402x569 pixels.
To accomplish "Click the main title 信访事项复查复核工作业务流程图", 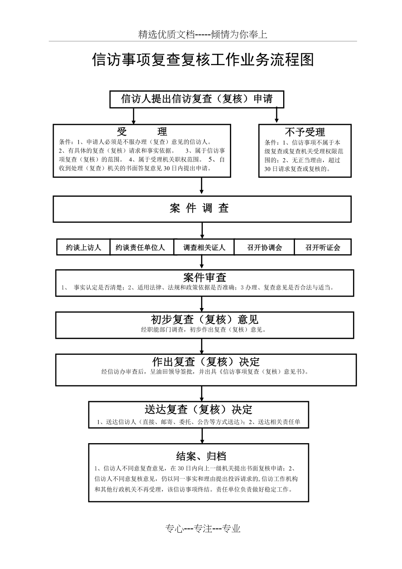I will coord(203,60).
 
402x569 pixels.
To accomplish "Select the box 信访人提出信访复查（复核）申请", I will coord(197,99).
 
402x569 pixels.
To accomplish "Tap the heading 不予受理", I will coord(305,132).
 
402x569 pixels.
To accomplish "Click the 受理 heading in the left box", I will coord(142,132).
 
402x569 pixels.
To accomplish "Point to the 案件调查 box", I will coord(202,208).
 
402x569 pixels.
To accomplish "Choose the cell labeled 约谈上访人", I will coord(83,247).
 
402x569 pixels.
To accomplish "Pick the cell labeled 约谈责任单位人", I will coord(140,247).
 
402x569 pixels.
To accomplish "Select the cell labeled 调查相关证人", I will coord(204,247).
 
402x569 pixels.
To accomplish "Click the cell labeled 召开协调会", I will coord(264,247).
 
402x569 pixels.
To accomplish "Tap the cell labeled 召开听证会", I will coord(322,247).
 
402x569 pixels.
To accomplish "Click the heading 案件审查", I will coord(204,277).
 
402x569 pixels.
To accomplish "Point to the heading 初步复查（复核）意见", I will coord(204,319).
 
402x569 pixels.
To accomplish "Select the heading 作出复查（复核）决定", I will coord(206,362).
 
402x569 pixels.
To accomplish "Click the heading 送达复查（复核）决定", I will coord(198,409).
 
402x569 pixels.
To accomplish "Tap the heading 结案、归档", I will coord(201,456).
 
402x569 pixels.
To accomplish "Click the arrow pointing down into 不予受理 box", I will coord(277,115).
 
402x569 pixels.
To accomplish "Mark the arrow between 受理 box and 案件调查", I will coord(201,186).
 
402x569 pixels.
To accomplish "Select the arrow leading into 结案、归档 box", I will coord(202,435).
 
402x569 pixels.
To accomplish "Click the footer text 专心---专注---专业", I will coord(203,529).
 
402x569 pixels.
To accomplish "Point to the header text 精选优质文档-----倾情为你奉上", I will coord(203,35).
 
